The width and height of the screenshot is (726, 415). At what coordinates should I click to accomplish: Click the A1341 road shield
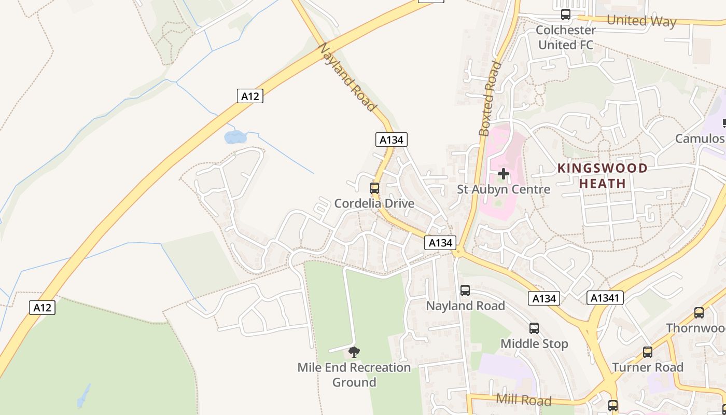tap(605, 298)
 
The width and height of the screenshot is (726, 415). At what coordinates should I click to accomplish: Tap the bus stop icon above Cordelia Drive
tap(374, 188)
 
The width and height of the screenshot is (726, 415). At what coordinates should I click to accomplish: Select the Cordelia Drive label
tap(374, 203)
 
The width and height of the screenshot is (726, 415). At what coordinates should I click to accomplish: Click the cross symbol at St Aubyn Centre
tap(503, 174)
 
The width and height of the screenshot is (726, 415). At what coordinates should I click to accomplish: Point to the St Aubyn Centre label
tap(503, 189)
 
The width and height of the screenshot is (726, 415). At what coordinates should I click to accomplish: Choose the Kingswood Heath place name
tap(603, 176)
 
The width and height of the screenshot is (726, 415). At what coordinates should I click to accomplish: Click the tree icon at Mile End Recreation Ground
tap(354, 353)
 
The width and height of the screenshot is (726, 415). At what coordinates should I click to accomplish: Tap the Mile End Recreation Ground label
tap(354, 375)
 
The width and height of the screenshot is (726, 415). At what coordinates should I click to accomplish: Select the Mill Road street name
tap(523, 400)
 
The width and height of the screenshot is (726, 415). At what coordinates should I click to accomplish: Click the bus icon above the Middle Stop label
tap(534, 328)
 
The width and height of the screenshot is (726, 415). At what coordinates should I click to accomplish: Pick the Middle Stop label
tap(534, 343)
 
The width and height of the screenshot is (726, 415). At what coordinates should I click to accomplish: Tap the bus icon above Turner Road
tap(648, 352)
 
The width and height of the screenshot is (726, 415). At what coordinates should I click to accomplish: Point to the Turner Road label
tap(648, 367)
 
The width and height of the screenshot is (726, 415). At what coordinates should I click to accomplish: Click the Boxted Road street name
tap(490, 99)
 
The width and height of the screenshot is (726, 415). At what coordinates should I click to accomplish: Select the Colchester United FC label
tap(566, 37)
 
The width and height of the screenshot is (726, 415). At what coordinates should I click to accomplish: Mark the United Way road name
tap(641, 21)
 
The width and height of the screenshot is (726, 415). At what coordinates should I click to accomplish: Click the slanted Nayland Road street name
tap(346, 77)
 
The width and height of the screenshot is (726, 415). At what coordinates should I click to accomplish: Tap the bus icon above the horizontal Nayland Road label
tap(465, 290)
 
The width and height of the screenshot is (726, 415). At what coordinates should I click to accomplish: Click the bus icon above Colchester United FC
tap(566, 15)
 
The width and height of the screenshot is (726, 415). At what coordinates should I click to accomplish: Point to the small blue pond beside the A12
tap(234, 137)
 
